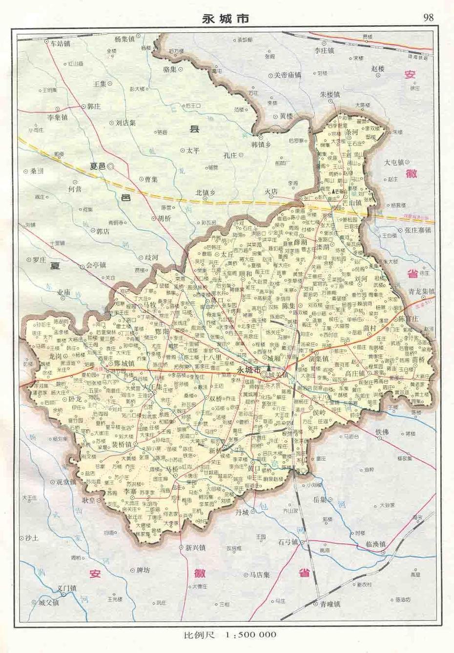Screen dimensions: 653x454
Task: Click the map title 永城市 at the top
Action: click(x=226, y=19)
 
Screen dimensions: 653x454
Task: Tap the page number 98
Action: click(x=429, y=18)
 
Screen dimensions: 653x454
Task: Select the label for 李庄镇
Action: click(x=324, y=50)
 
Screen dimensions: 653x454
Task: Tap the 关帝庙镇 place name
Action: click(x=287, y=75)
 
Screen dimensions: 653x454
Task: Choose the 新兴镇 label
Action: click(x=195, y=548)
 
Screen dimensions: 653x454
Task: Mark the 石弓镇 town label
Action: click(x=288, y=542)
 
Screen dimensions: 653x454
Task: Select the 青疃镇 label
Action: click(x=330, y=604)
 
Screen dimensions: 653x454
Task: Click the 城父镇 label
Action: click(x=48, y=603)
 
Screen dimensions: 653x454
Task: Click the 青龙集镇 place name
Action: click(x=421, y=291)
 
